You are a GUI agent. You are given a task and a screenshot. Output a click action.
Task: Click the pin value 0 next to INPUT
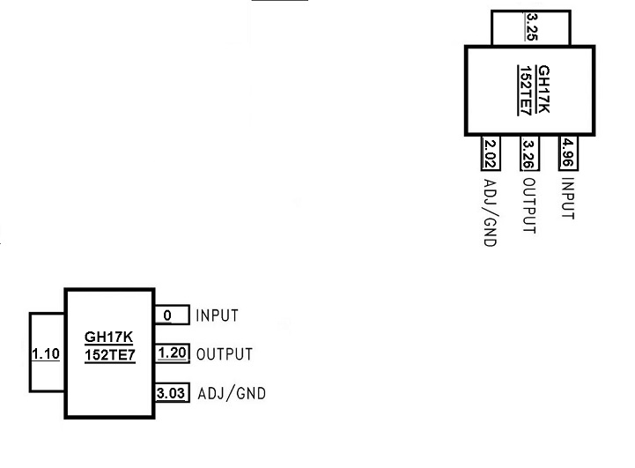click(x=167, y=316)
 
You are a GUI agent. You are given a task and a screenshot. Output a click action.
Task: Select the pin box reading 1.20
click(x=172, y=353)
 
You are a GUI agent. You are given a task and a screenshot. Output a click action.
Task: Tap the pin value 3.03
click(x=171, y=393)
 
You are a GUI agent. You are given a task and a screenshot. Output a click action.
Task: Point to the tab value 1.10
click(x=46, y=353)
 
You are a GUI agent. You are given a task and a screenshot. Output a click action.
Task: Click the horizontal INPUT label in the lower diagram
click(x=217, y=316)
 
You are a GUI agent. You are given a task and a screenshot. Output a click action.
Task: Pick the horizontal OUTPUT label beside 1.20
click(x=225, y=354)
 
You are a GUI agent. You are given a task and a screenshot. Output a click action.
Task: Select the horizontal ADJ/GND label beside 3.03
click(x=232, y=393)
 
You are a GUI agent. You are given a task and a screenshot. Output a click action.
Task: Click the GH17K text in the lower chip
click(x=108, y=337)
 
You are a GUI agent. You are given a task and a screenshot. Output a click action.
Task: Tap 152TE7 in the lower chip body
click(x=110, y=355)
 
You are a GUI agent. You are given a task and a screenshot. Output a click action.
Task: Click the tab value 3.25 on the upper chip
click(x=531, y=26)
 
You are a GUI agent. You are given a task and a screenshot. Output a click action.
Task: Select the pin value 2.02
click(x=490, y=154)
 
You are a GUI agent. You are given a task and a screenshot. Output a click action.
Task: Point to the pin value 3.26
click(x=528, y=154)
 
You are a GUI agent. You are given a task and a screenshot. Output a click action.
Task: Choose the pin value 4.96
click(x=567, y=152)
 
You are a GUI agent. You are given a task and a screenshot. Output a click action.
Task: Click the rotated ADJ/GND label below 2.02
click(x=490, y=212)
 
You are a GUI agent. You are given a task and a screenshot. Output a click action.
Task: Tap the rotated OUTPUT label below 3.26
click(x=529, y=206)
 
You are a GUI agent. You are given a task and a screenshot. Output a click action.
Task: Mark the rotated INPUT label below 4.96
click(x=568, y=198)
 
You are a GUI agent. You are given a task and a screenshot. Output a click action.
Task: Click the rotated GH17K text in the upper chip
click(x=543, y=89)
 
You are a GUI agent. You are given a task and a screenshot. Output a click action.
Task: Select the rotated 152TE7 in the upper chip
click(x=525, y=91)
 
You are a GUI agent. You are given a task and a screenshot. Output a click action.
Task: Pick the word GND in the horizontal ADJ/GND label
click(x=251, y=393)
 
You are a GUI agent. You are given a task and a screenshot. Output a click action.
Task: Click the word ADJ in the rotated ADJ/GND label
click(x=490, y=190)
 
